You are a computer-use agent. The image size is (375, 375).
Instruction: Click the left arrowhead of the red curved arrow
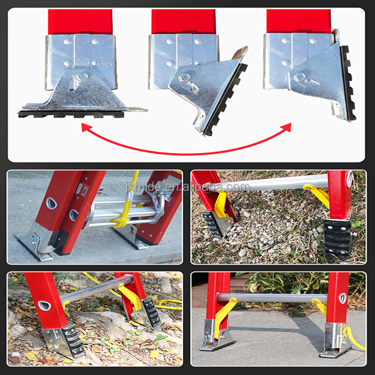(86, 128)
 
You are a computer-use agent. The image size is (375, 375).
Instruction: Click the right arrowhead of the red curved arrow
(286, 128)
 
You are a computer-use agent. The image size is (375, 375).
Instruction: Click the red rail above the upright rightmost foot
(298, 21)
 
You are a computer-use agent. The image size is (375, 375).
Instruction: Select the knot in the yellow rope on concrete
(120, 220)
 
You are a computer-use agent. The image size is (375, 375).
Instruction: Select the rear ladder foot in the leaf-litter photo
(147, 312)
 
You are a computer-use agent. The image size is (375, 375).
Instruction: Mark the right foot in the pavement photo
(335, 343)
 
